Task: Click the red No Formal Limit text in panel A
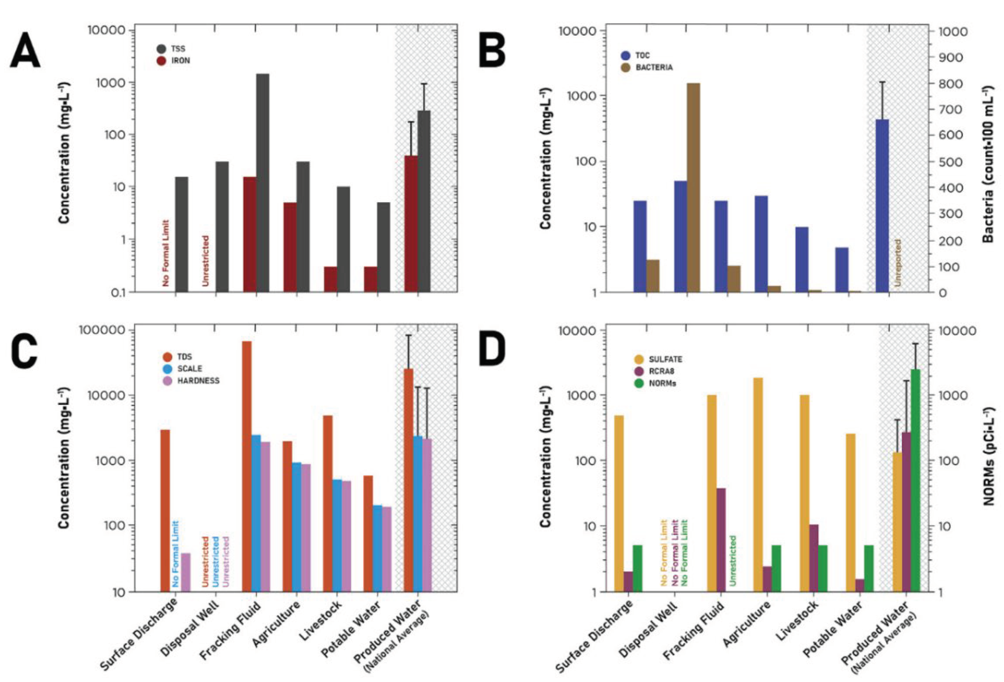[x=166, y=253]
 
